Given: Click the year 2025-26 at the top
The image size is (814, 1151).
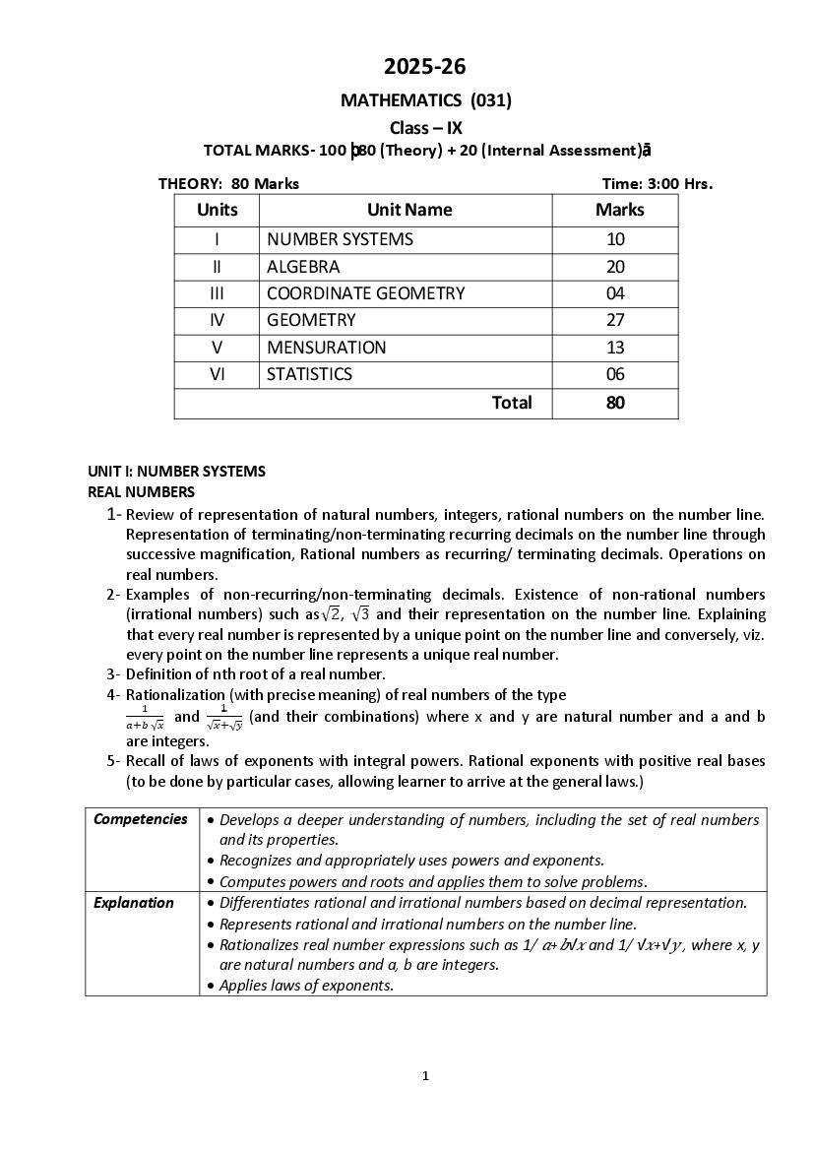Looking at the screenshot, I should point(425,67).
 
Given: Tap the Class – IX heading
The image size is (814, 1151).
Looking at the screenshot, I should point(425,127).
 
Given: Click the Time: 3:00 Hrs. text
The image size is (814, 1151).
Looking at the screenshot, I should point(657,183).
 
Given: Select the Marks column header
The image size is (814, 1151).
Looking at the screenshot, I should point(619,210).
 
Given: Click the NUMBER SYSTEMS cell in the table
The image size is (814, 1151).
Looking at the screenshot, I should point(340,239).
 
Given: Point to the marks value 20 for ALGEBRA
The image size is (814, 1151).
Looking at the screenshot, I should point(616,267).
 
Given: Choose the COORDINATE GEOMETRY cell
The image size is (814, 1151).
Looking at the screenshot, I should point(365,293).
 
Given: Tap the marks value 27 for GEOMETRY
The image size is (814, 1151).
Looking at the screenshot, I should point(616,320).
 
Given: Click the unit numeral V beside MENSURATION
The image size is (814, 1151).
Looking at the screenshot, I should point(217,348).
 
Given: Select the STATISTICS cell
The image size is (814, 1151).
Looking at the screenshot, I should point(309,374).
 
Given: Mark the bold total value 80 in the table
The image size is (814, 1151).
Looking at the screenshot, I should point(616,402).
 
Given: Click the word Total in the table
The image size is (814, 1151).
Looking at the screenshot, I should point(512,402).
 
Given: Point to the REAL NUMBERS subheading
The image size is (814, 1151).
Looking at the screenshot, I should point(142,491).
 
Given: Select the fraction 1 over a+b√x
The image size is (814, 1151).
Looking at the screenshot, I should point(145,717).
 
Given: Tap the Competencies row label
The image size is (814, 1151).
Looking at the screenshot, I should point(141,819).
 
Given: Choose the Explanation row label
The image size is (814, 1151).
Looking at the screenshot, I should point(134,902).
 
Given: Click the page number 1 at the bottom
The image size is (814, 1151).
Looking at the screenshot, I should point(425,1075).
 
